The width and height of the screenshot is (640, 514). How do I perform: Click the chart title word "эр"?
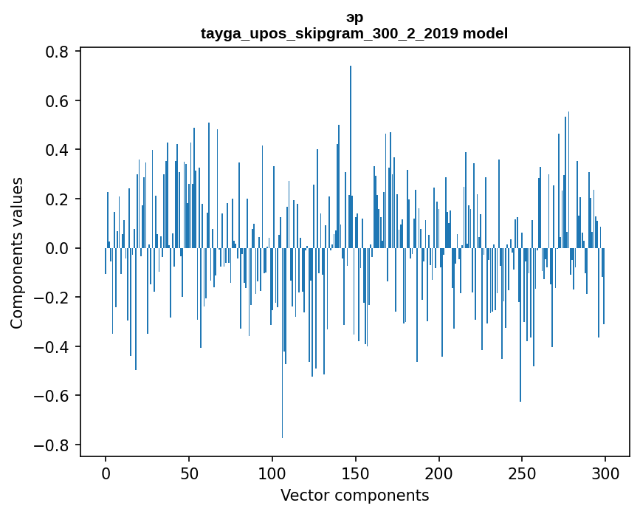coord(354,18)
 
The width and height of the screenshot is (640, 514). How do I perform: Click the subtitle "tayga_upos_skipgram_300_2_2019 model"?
coord(354,33)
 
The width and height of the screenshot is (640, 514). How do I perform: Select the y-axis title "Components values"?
coord(17,253)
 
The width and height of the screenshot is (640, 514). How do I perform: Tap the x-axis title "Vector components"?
coord(354,495)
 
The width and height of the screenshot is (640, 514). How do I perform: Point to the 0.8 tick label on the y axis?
coord(58,52)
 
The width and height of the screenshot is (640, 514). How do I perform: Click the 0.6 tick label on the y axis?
coord(58,100)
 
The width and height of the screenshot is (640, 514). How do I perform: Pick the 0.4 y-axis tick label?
coord(58,150)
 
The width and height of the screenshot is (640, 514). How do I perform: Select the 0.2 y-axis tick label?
coord(58,199)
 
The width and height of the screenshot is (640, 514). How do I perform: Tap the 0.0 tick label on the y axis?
coord(58,248)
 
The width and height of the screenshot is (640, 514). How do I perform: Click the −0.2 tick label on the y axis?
coord(53,298)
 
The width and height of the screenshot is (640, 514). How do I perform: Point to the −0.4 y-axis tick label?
coord(53,346)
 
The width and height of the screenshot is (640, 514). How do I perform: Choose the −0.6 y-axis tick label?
coord(53,396)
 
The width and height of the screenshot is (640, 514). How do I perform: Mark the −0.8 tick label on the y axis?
coord(53,445)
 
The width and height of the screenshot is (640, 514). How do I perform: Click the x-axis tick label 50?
coord(189,473)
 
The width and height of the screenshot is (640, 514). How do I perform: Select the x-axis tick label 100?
coord(272,473)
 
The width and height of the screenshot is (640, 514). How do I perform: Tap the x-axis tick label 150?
coord(356,473)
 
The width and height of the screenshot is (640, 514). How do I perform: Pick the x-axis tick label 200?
coord(439,473)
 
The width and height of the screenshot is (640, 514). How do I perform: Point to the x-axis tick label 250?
coord(523,473)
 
